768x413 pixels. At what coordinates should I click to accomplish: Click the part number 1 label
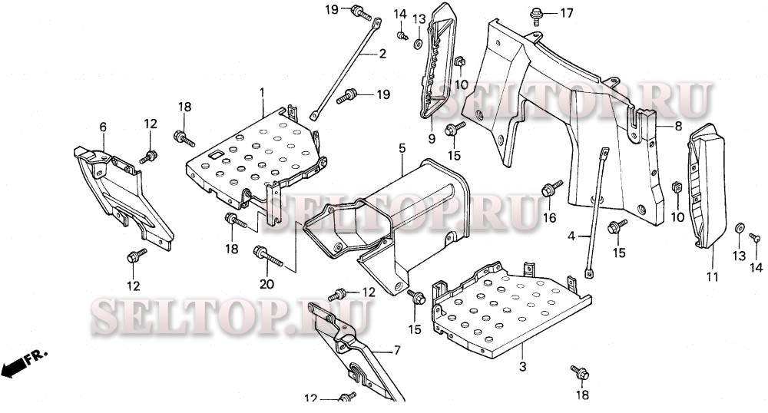[x=262, y=92]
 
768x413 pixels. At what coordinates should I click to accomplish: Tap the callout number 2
[x=381, y=54]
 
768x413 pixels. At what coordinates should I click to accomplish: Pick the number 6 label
[x=103, y=127]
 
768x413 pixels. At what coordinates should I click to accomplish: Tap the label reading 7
[x=397, y=351]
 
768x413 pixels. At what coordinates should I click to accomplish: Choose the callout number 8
[x=678, y=126]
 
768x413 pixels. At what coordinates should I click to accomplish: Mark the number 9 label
[x=432, y=138]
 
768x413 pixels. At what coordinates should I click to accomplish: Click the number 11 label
[x=711, y=276]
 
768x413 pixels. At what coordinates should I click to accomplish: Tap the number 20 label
[x=266, y=284]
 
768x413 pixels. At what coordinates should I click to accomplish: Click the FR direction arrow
[x=23, y=363]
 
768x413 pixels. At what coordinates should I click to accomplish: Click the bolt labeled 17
[x=536, y=13]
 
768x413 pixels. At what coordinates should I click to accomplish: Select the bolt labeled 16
[x=551, y=188]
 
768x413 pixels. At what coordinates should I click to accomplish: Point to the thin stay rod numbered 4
[x=596, y=207]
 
